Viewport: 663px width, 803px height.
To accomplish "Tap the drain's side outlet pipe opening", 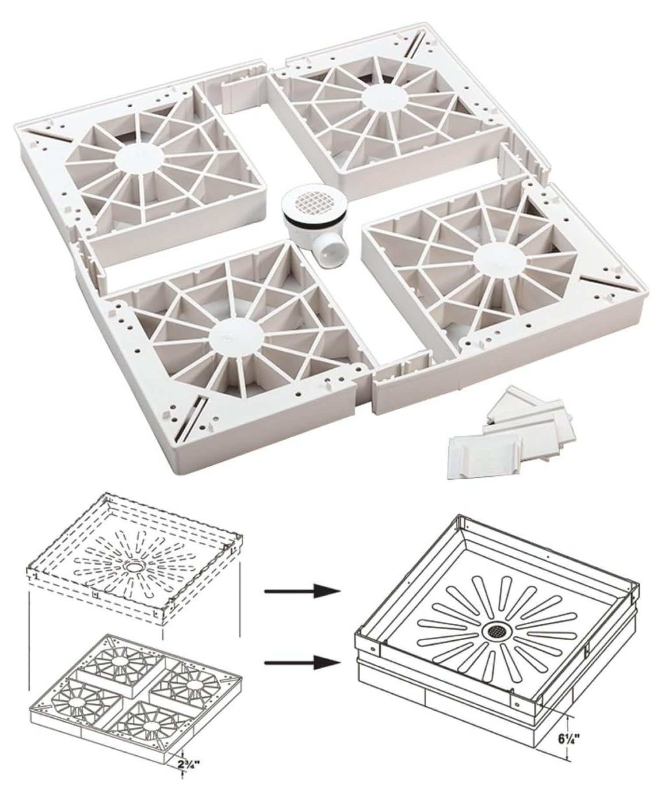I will click(x=328, y=255).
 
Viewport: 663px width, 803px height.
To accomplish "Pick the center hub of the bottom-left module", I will click(x=237, y=338).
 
